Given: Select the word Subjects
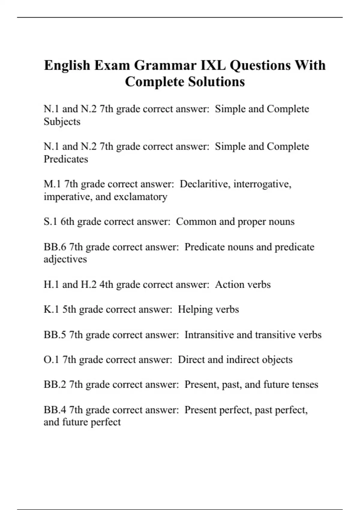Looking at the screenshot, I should [x=62, y=122].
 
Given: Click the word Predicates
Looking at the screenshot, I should [x=66, y=159].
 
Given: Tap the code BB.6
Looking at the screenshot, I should [x=55, y=247].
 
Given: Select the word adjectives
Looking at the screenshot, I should [x=65, y=259].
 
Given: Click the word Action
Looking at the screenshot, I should [x=228, y=284].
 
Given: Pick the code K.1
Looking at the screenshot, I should [x=51, y=309].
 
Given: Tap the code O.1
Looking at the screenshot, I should [x=51, y=359].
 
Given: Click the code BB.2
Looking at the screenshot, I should [x=55, y=384].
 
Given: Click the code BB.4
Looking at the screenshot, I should [x=55, y=409].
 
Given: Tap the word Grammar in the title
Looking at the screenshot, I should [x=165, y=65].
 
